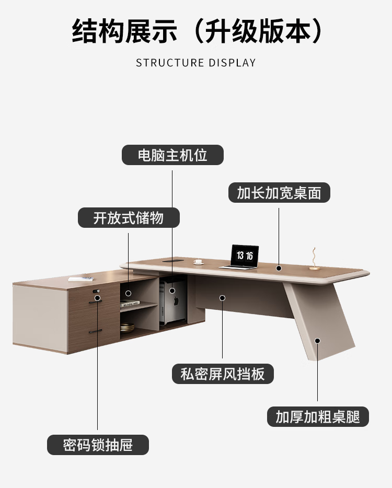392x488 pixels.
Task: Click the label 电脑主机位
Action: point(172,155)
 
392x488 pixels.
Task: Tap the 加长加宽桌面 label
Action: point(279,193)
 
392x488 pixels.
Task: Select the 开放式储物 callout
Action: point(129,218)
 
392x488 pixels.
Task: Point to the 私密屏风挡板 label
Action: point(223,374)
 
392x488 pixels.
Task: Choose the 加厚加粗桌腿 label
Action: point(318,417)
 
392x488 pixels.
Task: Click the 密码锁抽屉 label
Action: point(98,445)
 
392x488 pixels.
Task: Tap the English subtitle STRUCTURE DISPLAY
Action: point(196,63)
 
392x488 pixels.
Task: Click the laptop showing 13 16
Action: point(245,255)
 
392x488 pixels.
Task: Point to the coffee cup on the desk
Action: point(198,261)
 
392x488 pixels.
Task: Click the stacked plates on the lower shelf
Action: point(128,329)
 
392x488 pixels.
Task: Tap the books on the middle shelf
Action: point(130,303)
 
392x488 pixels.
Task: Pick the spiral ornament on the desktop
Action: point(314,258)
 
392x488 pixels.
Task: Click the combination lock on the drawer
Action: point(96,291)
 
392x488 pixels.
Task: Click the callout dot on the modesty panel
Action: point(223,297)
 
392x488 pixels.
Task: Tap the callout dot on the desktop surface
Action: point(279,268)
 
